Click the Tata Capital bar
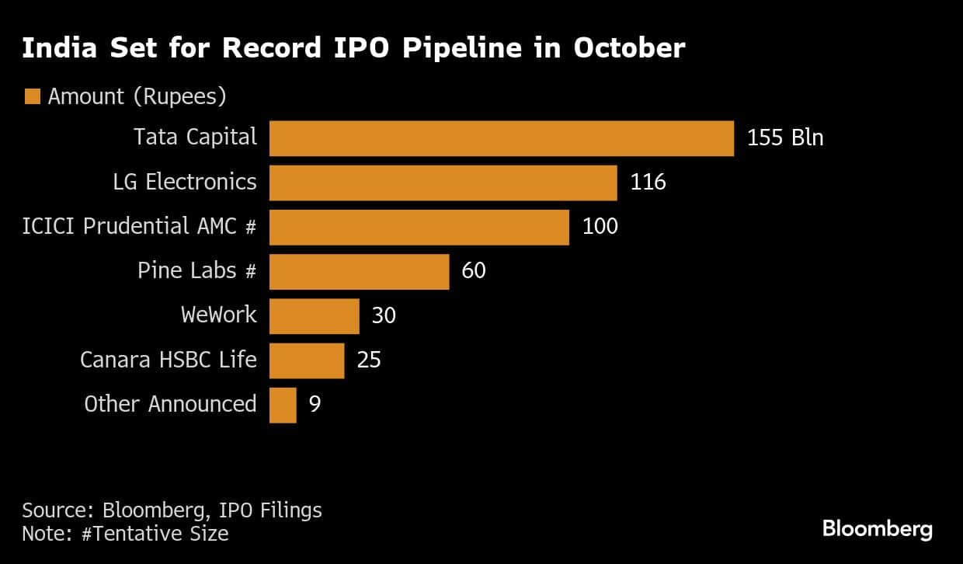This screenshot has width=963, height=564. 501,138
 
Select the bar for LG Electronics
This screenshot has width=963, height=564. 443,183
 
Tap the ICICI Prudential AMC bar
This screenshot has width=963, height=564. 419,227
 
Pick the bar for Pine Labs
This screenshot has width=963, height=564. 359,271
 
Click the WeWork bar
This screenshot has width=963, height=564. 314,316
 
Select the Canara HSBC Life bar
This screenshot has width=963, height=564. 306,360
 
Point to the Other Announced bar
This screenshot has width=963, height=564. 283,405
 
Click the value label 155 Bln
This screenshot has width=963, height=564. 784,138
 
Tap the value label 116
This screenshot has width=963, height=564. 648,183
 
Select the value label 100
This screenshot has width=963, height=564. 600,227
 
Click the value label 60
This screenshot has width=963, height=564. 473,271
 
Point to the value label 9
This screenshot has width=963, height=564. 315,405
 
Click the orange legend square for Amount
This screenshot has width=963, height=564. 33,97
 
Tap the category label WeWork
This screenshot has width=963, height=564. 218,316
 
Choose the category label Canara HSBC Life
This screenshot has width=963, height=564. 169,360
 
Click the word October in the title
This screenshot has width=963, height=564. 629,48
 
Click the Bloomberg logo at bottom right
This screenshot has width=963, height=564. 877,530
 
